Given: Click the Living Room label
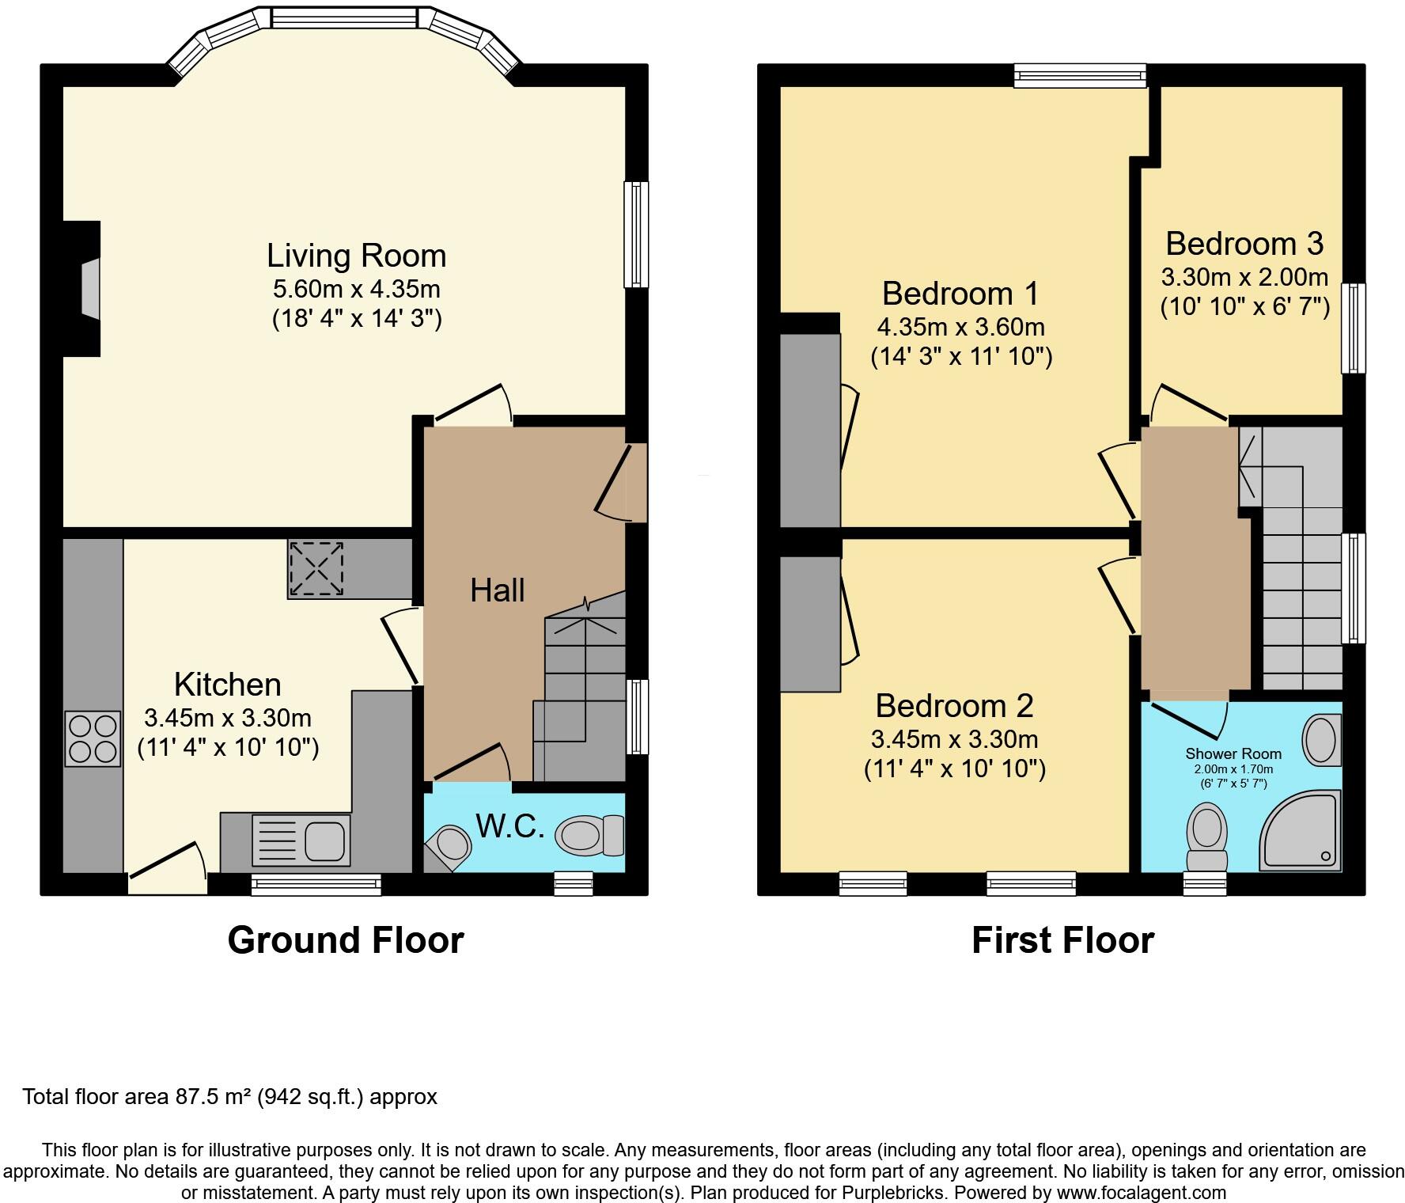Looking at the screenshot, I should [x=356, y=256].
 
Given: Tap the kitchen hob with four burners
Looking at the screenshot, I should [x=93, y=739].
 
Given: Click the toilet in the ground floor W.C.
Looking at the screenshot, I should [x=589, y=835].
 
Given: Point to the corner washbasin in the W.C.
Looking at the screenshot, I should [x=451, y=844].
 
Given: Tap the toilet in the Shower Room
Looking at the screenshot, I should [x=1206, y=836].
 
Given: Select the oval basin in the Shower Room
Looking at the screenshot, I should [x=1320, y=739].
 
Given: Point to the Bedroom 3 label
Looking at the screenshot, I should [x=1244, y=244].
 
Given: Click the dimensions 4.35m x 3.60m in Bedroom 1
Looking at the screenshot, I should [x=960, y=326].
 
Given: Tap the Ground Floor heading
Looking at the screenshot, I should [x=345, y=940].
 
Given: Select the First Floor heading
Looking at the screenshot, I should [x=1062, y=940].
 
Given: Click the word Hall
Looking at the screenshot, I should [x=497, y=590].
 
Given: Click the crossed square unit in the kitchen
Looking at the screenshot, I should [x=316, y=568].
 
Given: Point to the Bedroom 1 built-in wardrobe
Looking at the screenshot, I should [x=809, y=430].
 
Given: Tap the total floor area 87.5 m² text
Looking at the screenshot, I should [x=229, y=1097].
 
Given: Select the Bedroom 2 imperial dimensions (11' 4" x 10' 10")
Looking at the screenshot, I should [x=954, y=768].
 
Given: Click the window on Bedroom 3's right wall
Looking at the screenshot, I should [x=1354, y=328].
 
